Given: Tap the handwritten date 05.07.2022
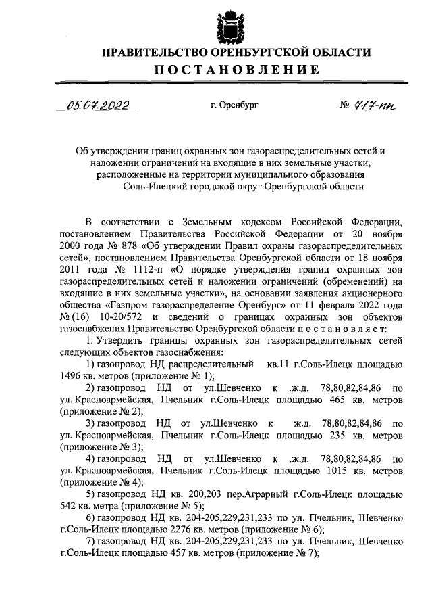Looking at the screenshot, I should pyautogui.click(x=97, y=105).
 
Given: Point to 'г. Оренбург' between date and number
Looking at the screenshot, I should pyautogui.click(x=234, y=105).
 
